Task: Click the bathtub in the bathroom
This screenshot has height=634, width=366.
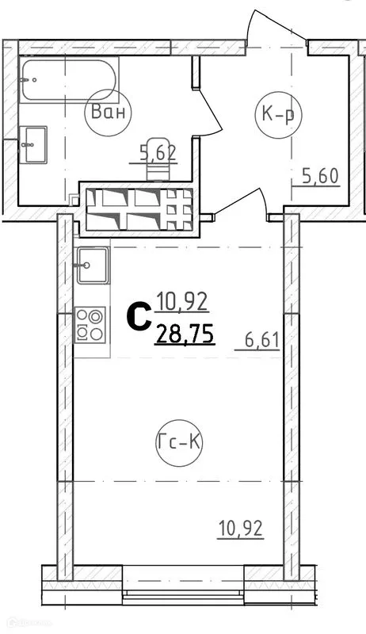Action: pyautogui.click(x=68, y=79)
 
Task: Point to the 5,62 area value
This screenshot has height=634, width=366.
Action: pyautogui.click(x=157, y=152)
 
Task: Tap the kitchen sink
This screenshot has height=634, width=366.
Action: pyautogui.click(x=92, y=261)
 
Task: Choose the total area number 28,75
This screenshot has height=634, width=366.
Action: pyautogui.click(x=185, y=334)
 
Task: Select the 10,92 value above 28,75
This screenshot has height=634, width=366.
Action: pyautogui.click(x=183, y=301)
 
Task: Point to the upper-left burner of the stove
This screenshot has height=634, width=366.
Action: pyautogui.click(x=83, y=316)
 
